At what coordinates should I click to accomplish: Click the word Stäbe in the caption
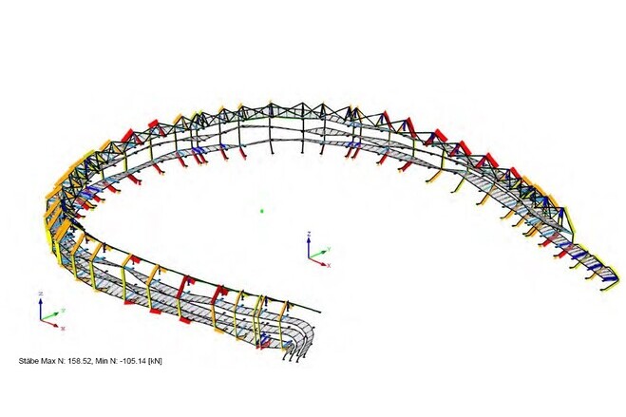pos(28,361)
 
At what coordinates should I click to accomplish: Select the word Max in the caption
pos(47,361)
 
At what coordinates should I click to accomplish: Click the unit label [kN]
pos(155,361)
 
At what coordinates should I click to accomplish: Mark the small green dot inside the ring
pos(262,211)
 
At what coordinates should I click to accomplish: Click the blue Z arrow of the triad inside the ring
pos(309,248)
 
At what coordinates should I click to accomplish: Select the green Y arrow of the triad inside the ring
pos(318,255)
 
